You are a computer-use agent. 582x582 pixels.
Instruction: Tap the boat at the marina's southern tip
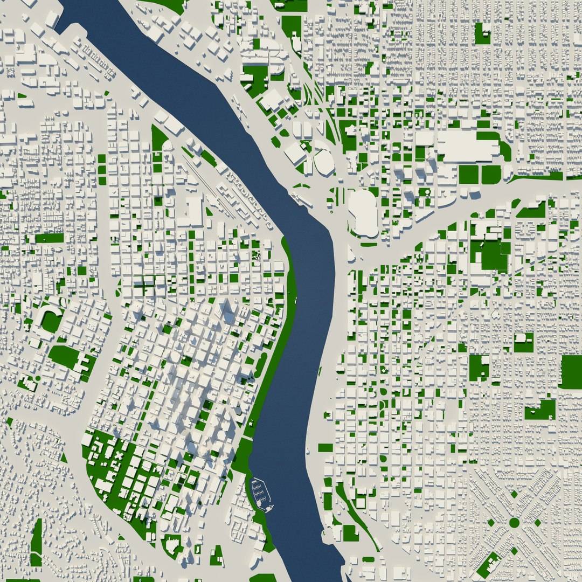(268, 507)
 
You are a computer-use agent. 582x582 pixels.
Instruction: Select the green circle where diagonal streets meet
(514, 522)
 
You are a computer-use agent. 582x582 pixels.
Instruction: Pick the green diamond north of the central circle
(514, 494)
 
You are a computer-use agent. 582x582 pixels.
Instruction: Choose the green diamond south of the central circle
(514, 551)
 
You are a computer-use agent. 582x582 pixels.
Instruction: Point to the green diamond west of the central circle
(490, 522)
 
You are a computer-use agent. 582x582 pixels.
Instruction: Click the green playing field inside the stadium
(52, 322)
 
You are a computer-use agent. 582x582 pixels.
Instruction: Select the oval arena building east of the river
(324, 162)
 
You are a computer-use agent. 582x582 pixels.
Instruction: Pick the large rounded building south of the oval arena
(363, 213)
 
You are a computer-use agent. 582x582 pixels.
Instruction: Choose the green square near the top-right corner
(482, 33)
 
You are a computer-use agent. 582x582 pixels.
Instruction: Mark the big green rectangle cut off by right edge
(571, 371)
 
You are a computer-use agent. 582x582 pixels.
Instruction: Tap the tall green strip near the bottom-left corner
(37, 542)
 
